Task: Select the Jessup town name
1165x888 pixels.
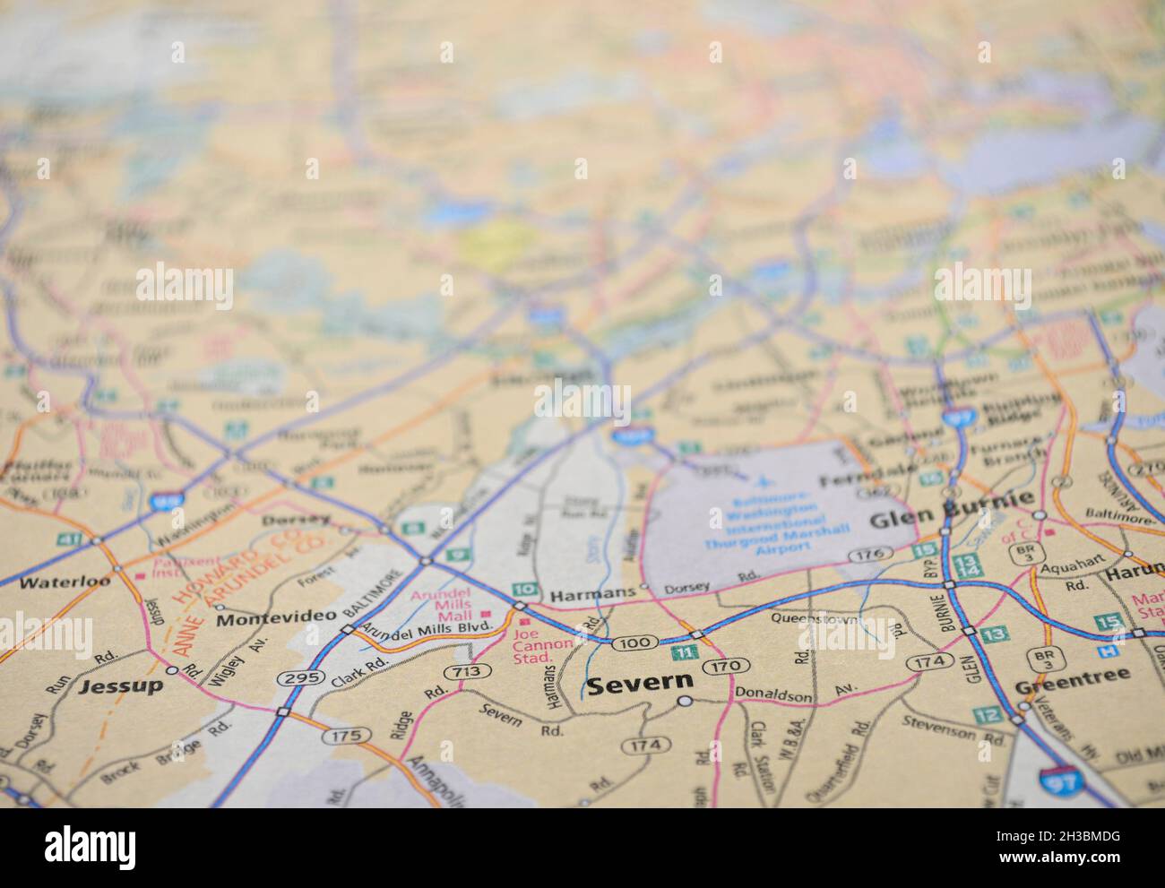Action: (x=121, y=686)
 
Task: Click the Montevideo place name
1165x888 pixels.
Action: (x=276, y=617)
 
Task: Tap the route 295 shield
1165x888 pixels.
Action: (x=300, y=678)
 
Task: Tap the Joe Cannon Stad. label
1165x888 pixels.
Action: (x=542, y=644)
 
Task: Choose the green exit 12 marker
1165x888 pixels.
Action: (x=988, y=714)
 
